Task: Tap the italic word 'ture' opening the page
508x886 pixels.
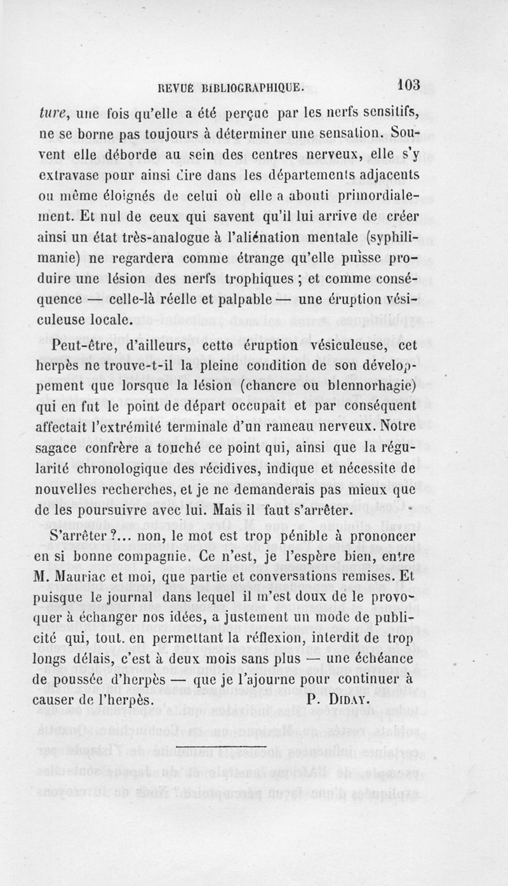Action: pyautogui.click(x=51, y=116)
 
